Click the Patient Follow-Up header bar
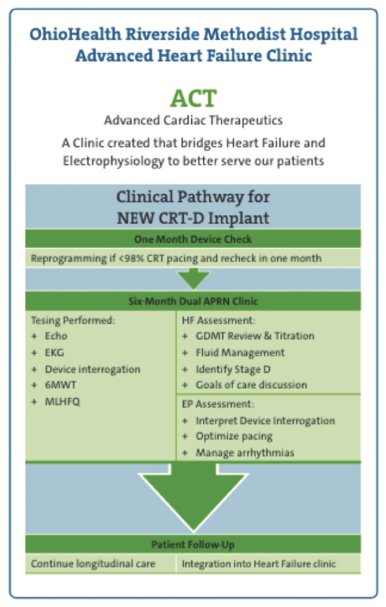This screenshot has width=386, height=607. (193, 544)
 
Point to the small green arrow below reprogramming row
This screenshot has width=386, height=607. (193, 279)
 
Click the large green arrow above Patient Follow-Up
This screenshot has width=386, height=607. (193, 498)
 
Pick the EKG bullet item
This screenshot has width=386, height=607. (54, 352)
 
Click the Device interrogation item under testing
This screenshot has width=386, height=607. (92, 368)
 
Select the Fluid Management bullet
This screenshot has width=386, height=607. (239, 352)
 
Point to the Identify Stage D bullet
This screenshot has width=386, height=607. (235, 368)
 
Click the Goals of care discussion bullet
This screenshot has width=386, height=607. (251, 385)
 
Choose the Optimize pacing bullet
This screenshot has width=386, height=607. (234, 436)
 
